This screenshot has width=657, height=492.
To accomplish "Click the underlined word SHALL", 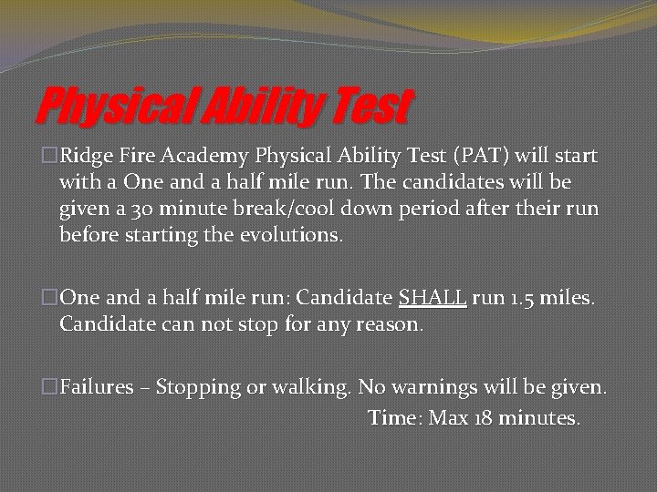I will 433,298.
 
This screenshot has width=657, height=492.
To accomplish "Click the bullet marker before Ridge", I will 49,156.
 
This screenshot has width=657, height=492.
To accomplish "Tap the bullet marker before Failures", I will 49,387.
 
